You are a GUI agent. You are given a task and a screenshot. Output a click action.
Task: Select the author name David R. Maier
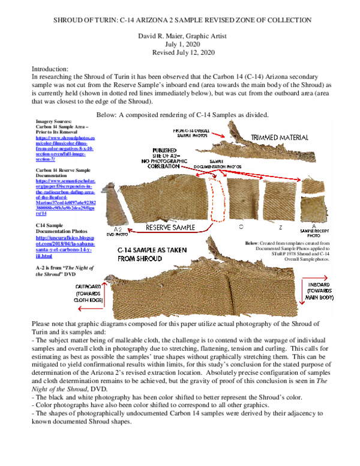pos(163,35)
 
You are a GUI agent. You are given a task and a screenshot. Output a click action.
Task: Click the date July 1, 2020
pos(179,44)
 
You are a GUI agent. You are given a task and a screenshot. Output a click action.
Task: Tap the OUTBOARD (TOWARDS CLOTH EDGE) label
pos(86,291)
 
